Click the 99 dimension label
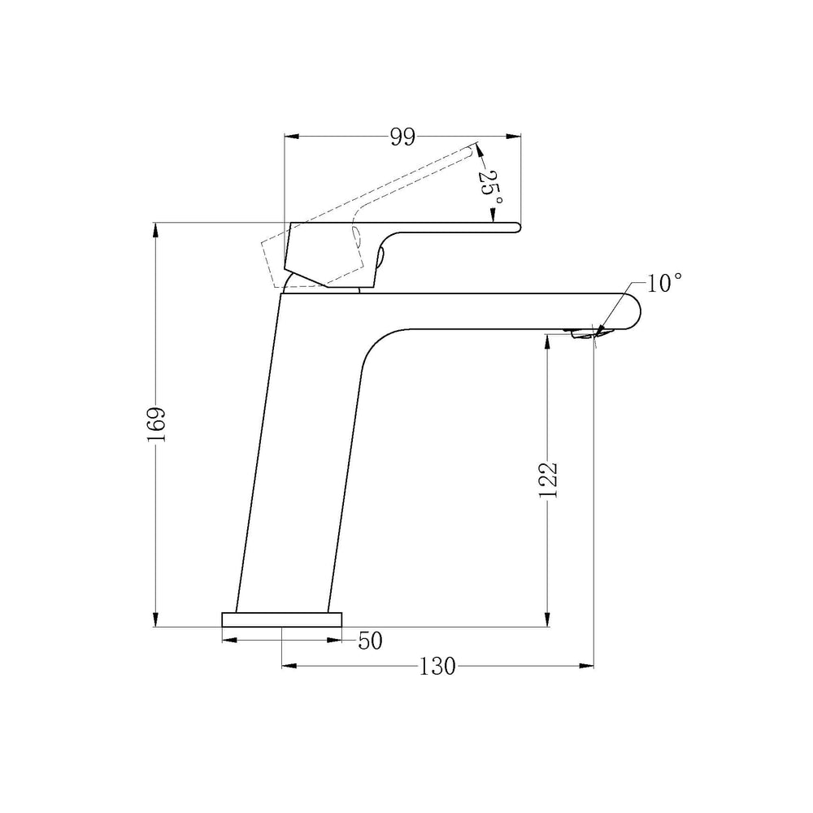(403, 137)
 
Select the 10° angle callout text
(663, 283)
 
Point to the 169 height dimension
(156, 424)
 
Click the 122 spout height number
(547, 480)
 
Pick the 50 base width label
(370, 641)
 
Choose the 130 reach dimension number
(437, 667)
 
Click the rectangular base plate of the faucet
(281, 620)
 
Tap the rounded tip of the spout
(636, 311)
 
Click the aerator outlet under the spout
(582, 334)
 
